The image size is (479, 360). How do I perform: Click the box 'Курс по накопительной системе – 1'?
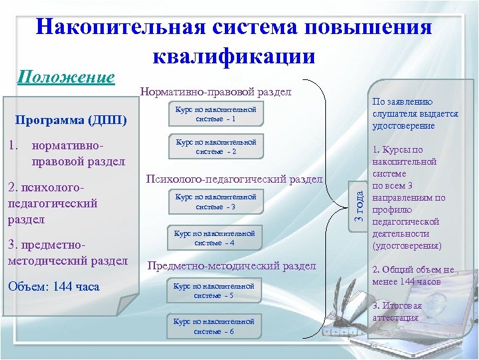click(215, 113)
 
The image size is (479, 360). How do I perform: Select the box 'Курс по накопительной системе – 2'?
click(215, 147)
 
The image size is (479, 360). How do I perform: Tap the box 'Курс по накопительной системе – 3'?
click(215, 202)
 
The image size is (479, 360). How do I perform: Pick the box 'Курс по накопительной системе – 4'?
click(214, 238)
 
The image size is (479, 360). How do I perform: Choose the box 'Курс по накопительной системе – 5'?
click(214, 291)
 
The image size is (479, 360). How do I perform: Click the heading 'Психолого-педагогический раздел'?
click(234, 179)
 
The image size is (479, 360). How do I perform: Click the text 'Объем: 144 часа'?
click(53, 287)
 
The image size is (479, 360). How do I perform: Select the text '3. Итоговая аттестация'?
click(398, 311)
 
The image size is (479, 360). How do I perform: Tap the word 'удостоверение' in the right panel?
click(404, 125)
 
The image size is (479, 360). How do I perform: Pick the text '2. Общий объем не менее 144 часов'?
click(412, 275)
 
